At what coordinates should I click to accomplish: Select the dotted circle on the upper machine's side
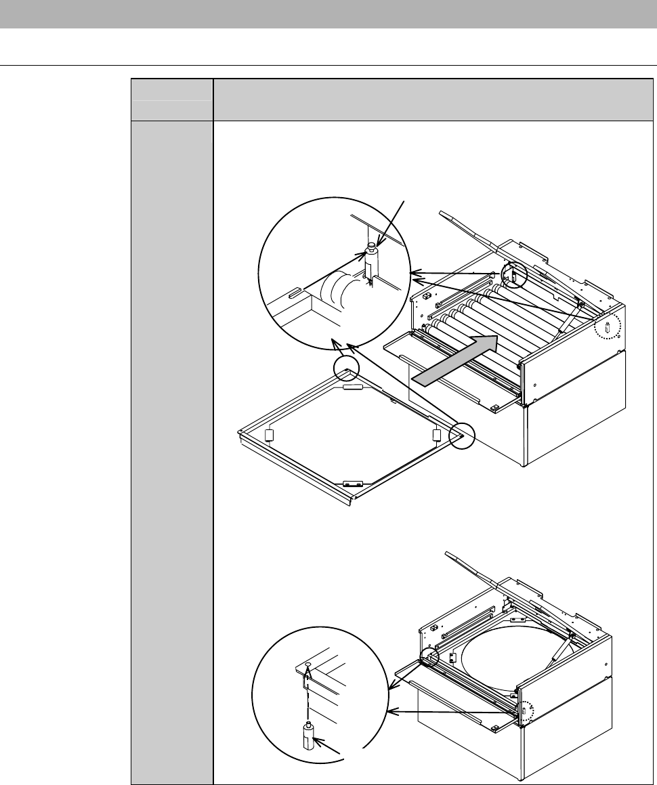pyautogui.click(x=607, y=328)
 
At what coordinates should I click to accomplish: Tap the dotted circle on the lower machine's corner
pyautogui.click(x=527, y=711)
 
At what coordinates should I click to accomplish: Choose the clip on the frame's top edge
pyautogui.click(x=353, y=387)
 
